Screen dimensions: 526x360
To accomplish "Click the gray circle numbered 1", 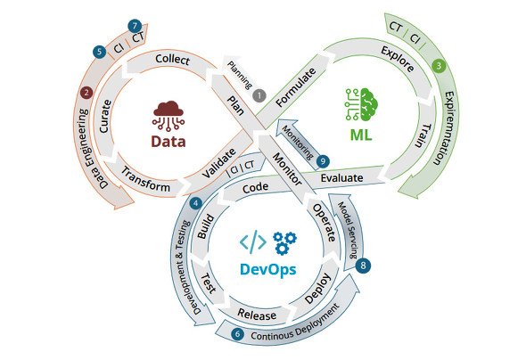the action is point(259,95).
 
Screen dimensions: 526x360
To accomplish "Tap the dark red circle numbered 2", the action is point(86,92).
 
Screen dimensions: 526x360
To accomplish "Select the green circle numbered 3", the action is point(439,66).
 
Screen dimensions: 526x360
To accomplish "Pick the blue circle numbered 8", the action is point(363,266).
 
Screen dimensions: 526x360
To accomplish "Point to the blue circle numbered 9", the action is point(323,161).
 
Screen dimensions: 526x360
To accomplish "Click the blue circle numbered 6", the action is point(237,334).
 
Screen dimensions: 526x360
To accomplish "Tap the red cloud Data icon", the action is point(168,115).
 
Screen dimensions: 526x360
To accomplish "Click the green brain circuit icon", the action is point(362,104).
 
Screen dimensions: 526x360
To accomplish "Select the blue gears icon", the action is point(284,242).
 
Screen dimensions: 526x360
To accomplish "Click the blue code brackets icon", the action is point(253,241).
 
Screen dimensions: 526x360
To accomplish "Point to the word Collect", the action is point(172,60).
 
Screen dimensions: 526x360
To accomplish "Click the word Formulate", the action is point(295,87).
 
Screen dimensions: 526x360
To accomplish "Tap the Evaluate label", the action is point(341,177).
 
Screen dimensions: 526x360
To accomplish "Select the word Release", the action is point(257,314).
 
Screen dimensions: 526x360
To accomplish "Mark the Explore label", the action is point(398,59).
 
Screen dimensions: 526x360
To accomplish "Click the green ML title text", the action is point(361,135).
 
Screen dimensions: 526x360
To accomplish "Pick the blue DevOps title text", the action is point(268,270).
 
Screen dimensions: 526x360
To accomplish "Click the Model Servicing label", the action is point(348,230).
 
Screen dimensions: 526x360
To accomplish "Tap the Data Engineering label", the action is point(91,148).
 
